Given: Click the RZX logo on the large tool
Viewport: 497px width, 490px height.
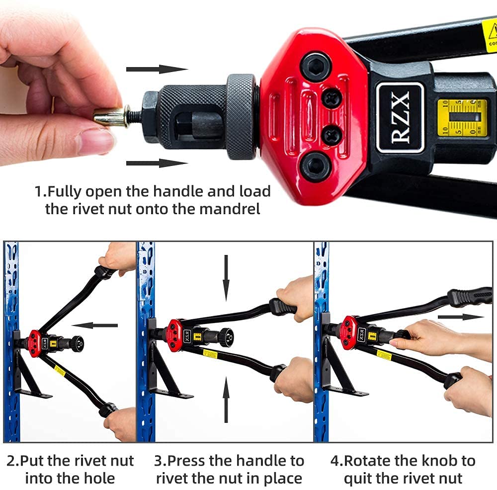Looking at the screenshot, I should [x=400, y=117].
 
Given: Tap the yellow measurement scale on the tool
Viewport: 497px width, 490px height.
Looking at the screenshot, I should [x=462, y=118].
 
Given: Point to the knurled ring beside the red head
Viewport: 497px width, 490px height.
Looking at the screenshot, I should [x=241, y=116].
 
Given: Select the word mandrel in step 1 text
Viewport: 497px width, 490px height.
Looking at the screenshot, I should [x=230, y=209].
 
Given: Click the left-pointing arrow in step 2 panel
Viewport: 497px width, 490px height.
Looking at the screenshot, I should [x=94, y=326].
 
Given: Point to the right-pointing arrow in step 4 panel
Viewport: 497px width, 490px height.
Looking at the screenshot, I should [x=460, y=317].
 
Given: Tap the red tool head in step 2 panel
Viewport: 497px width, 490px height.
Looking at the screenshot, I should [x=34, y=343].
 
